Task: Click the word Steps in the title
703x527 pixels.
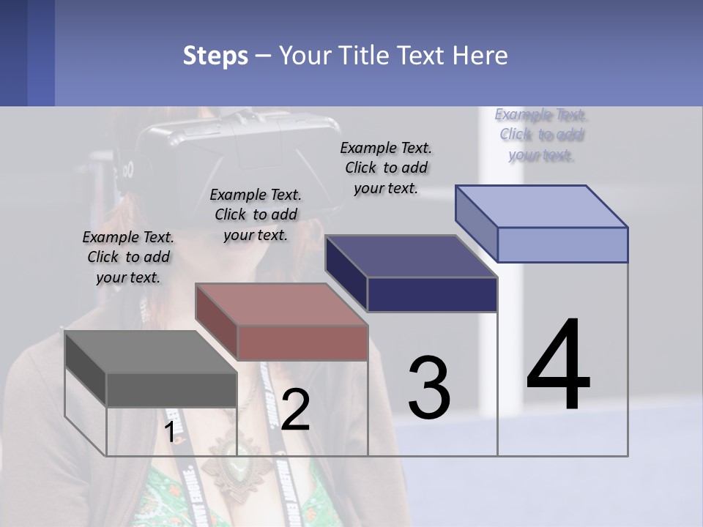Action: pyautogui.click(x=215, y=56)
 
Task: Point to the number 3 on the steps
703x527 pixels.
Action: pyautogui.click(x=429, y=388)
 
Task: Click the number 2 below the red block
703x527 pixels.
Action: pyautogui.click(x=295, y=410)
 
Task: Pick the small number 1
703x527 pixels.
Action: pyautogui.click(x=169, y=433)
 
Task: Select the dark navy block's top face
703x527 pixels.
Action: pyautogui.click(x=411, y=256)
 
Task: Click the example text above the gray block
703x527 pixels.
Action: pyautogui.click(x=128, y=257)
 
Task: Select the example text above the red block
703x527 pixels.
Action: pyautogui.click(x=256, y=214)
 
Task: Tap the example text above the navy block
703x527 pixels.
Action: pyautogui.click(x=386, y=168)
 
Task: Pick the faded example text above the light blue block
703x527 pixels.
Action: pyautogui.click(x=541, y=135)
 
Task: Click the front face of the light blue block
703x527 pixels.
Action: pyautogui.click(x=562, y=244)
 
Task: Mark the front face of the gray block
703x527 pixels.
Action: pyautogui.click(x=171, y=389)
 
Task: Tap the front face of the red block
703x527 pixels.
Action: pyautogui.click(x=302, y=343)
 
